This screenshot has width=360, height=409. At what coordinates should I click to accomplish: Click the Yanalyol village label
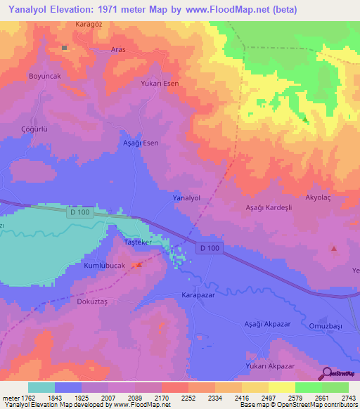187,199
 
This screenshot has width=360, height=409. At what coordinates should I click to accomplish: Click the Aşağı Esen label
141,143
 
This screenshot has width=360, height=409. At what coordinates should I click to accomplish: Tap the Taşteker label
138,242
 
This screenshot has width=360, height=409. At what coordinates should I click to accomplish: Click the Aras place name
118,50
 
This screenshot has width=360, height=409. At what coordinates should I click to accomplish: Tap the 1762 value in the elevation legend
24,398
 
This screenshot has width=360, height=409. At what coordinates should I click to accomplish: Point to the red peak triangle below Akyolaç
334,249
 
